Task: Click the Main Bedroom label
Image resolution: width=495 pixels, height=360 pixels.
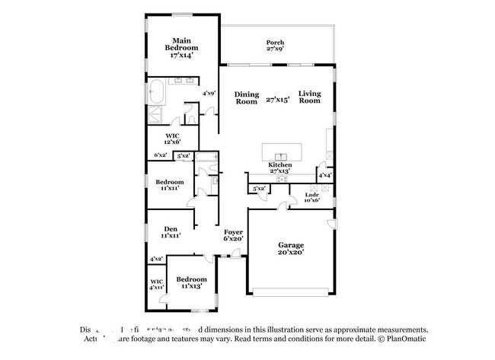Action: [x=180, y=47]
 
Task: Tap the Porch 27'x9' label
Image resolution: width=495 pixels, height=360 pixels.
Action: [x=275, y=46]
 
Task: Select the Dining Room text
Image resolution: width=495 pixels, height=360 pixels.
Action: [x=246, y=97]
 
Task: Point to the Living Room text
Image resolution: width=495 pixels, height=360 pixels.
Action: [x=309, y=97]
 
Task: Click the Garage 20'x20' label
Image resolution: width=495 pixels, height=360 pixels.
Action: [x=290, y=248]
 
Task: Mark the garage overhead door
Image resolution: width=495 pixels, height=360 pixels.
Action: [x=292, y=291]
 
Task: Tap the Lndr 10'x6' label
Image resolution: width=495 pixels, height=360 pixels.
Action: [x=312, y=199]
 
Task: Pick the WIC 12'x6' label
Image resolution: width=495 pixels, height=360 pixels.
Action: [x=171, y=139]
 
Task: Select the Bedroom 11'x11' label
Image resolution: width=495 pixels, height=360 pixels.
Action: [x=170, y=185]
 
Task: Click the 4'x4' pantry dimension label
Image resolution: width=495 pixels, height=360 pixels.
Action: [x=324, y=175]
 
